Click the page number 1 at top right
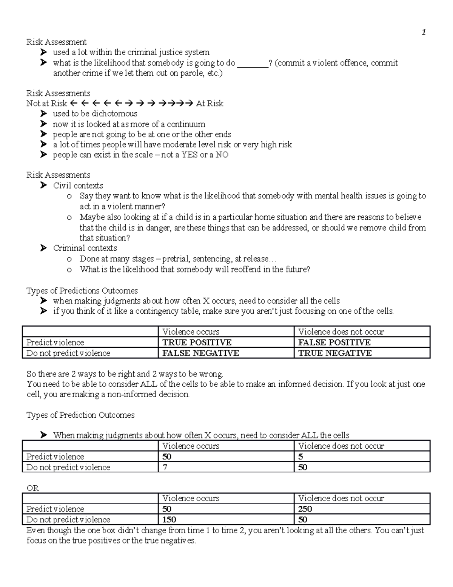(424, 32)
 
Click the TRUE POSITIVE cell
(197, 342)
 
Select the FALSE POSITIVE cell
(334, 342)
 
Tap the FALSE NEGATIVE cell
(200, 353)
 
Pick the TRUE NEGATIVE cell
(335, 353)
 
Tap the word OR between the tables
(32, 488)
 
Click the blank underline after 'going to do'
(253, 64)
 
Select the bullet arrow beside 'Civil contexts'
(44, 185)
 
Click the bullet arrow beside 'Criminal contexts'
(44, 248)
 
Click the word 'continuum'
(186, 124)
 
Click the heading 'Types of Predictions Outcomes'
(82, 290)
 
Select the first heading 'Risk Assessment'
(56, 42)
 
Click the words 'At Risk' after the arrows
(210, 103)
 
